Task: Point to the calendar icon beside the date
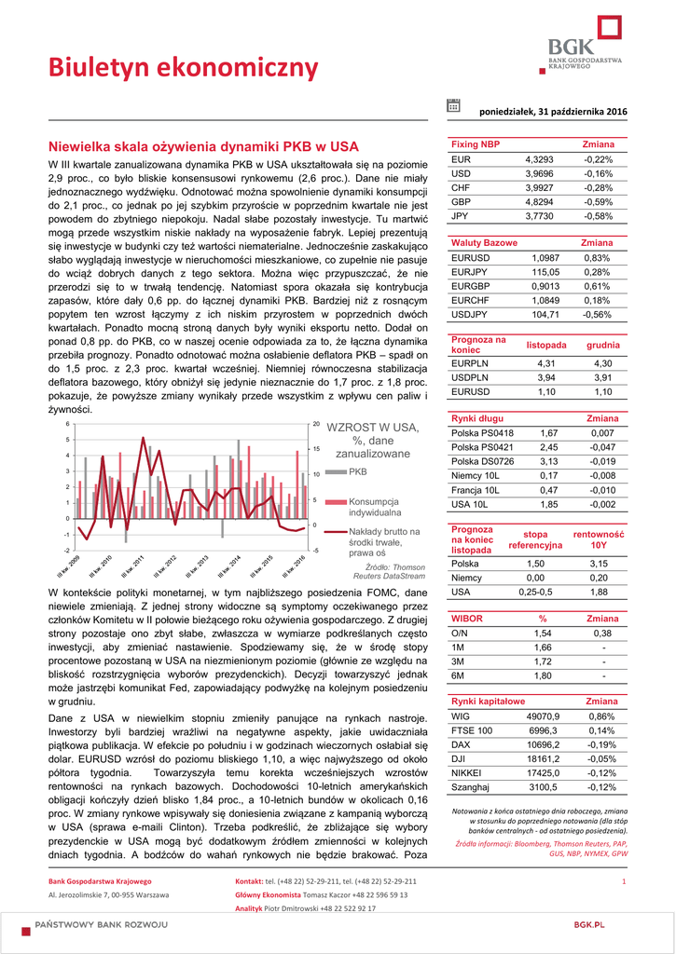(x=453, y=106)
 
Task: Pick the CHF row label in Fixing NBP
(x=462, y=187)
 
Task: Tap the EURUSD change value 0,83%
(x=597, y=257)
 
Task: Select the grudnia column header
(x=603, y=345)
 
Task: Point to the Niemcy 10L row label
(x=476, y=476)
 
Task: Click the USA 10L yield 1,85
(x=548, y=504)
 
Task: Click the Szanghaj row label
(x=471, y=787)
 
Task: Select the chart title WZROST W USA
(x=373, y=428)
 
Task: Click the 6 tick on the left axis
(x=68, y=424)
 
